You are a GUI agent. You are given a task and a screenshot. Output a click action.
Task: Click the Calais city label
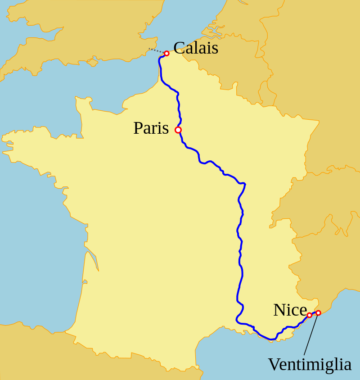196,48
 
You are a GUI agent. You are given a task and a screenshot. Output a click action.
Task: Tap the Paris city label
151,128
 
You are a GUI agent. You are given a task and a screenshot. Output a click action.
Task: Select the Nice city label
290,310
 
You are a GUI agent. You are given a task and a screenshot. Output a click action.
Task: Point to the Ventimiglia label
310,364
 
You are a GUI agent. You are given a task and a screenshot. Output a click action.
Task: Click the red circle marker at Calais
166,54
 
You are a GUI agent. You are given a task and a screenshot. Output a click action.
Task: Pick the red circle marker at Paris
178,130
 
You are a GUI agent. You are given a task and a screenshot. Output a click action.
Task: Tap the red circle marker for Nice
309,315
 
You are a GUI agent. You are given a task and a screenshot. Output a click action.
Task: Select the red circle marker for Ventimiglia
318,313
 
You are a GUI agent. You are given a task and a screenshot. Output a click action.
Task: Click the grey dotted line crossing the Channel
156,50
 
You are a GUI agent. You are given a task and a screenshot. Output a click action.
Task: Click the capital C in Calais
179,48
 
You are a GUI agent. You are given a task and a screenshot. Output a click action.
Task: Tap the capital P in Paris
138,128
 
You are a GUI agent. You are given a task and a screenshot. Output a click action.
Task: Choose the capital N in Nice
279,310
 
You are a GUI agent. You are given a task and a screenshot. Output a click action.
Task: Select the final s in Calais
215,49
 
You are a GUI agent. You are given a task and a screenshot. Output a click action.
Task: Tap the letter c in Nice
295,311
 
